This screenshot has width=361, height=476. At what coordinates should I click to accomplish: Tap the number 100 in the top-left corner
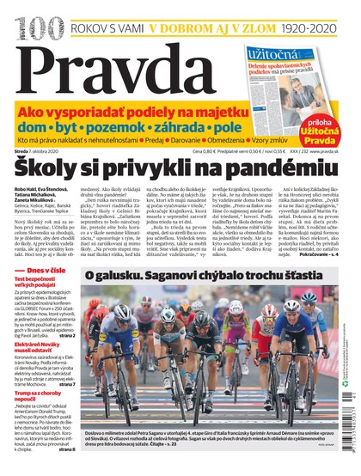19,13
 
